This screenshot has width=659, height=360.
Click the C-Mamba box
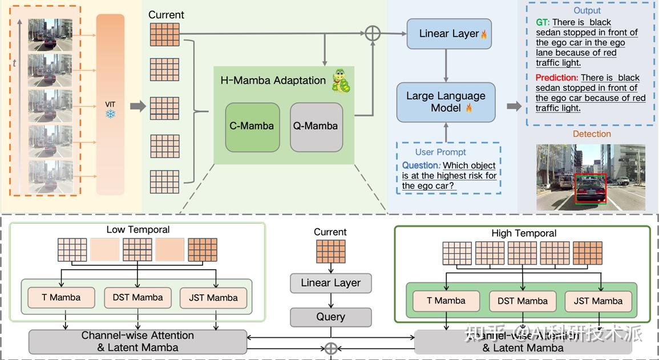coord(252,127)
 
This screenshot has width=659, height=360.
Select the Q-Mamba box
coord(316,127)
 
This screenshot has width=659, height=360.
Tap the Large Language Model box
coord(446,102)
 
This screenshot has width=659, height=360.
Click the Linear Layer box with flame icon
coord(449,34)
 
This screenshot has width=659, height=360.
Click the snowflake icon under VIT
coord(110,114)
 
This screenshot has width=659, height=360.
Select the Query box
coord(330,317)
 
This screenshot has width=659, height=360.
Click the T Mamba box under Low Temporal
coord(61,297)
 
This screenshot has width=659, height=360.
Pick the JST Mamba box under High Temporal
coord(598,301)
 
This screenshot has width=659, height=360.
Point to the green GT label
coord(542,22)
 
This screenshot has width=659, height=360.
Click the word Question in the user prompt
coord(421,165)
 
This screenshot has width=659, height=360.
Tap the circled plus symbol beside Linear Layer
coord(372,33)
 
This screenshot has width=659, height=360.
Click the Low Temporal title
coord(138,230)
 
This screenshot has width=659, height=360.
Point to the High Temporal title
coord(523,233)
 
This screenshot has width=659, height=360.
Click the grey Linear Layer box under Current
coord(330,283)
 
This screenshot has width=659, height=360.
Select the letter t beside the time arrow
coord(15,63)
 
